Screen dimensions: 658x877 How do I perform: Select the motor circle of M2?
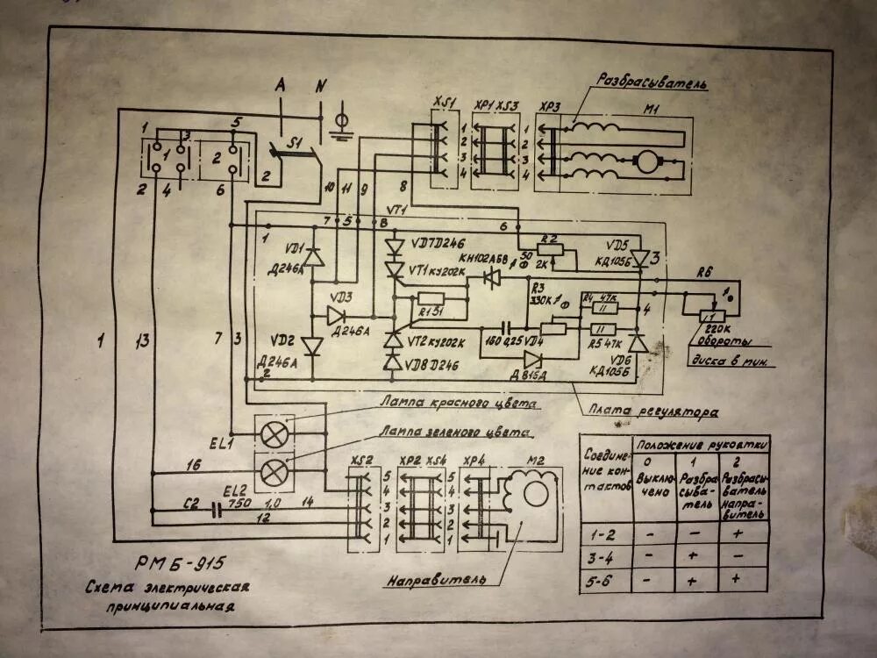pyautogui.click(x=531, y=492)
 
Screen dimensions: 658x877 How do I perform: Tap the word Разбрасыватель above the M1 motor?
pyautogui.click(x=652, y=82)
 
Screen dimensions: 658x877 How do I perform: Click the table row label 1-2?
pyautogui.click(x=604, y=533)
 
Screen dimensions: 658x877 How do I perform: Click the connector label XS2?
pyautogui.click(x=360, y=461)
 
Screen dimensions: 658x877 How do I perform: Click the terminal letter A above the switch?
pyautogui.click(x=281, y=85)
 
